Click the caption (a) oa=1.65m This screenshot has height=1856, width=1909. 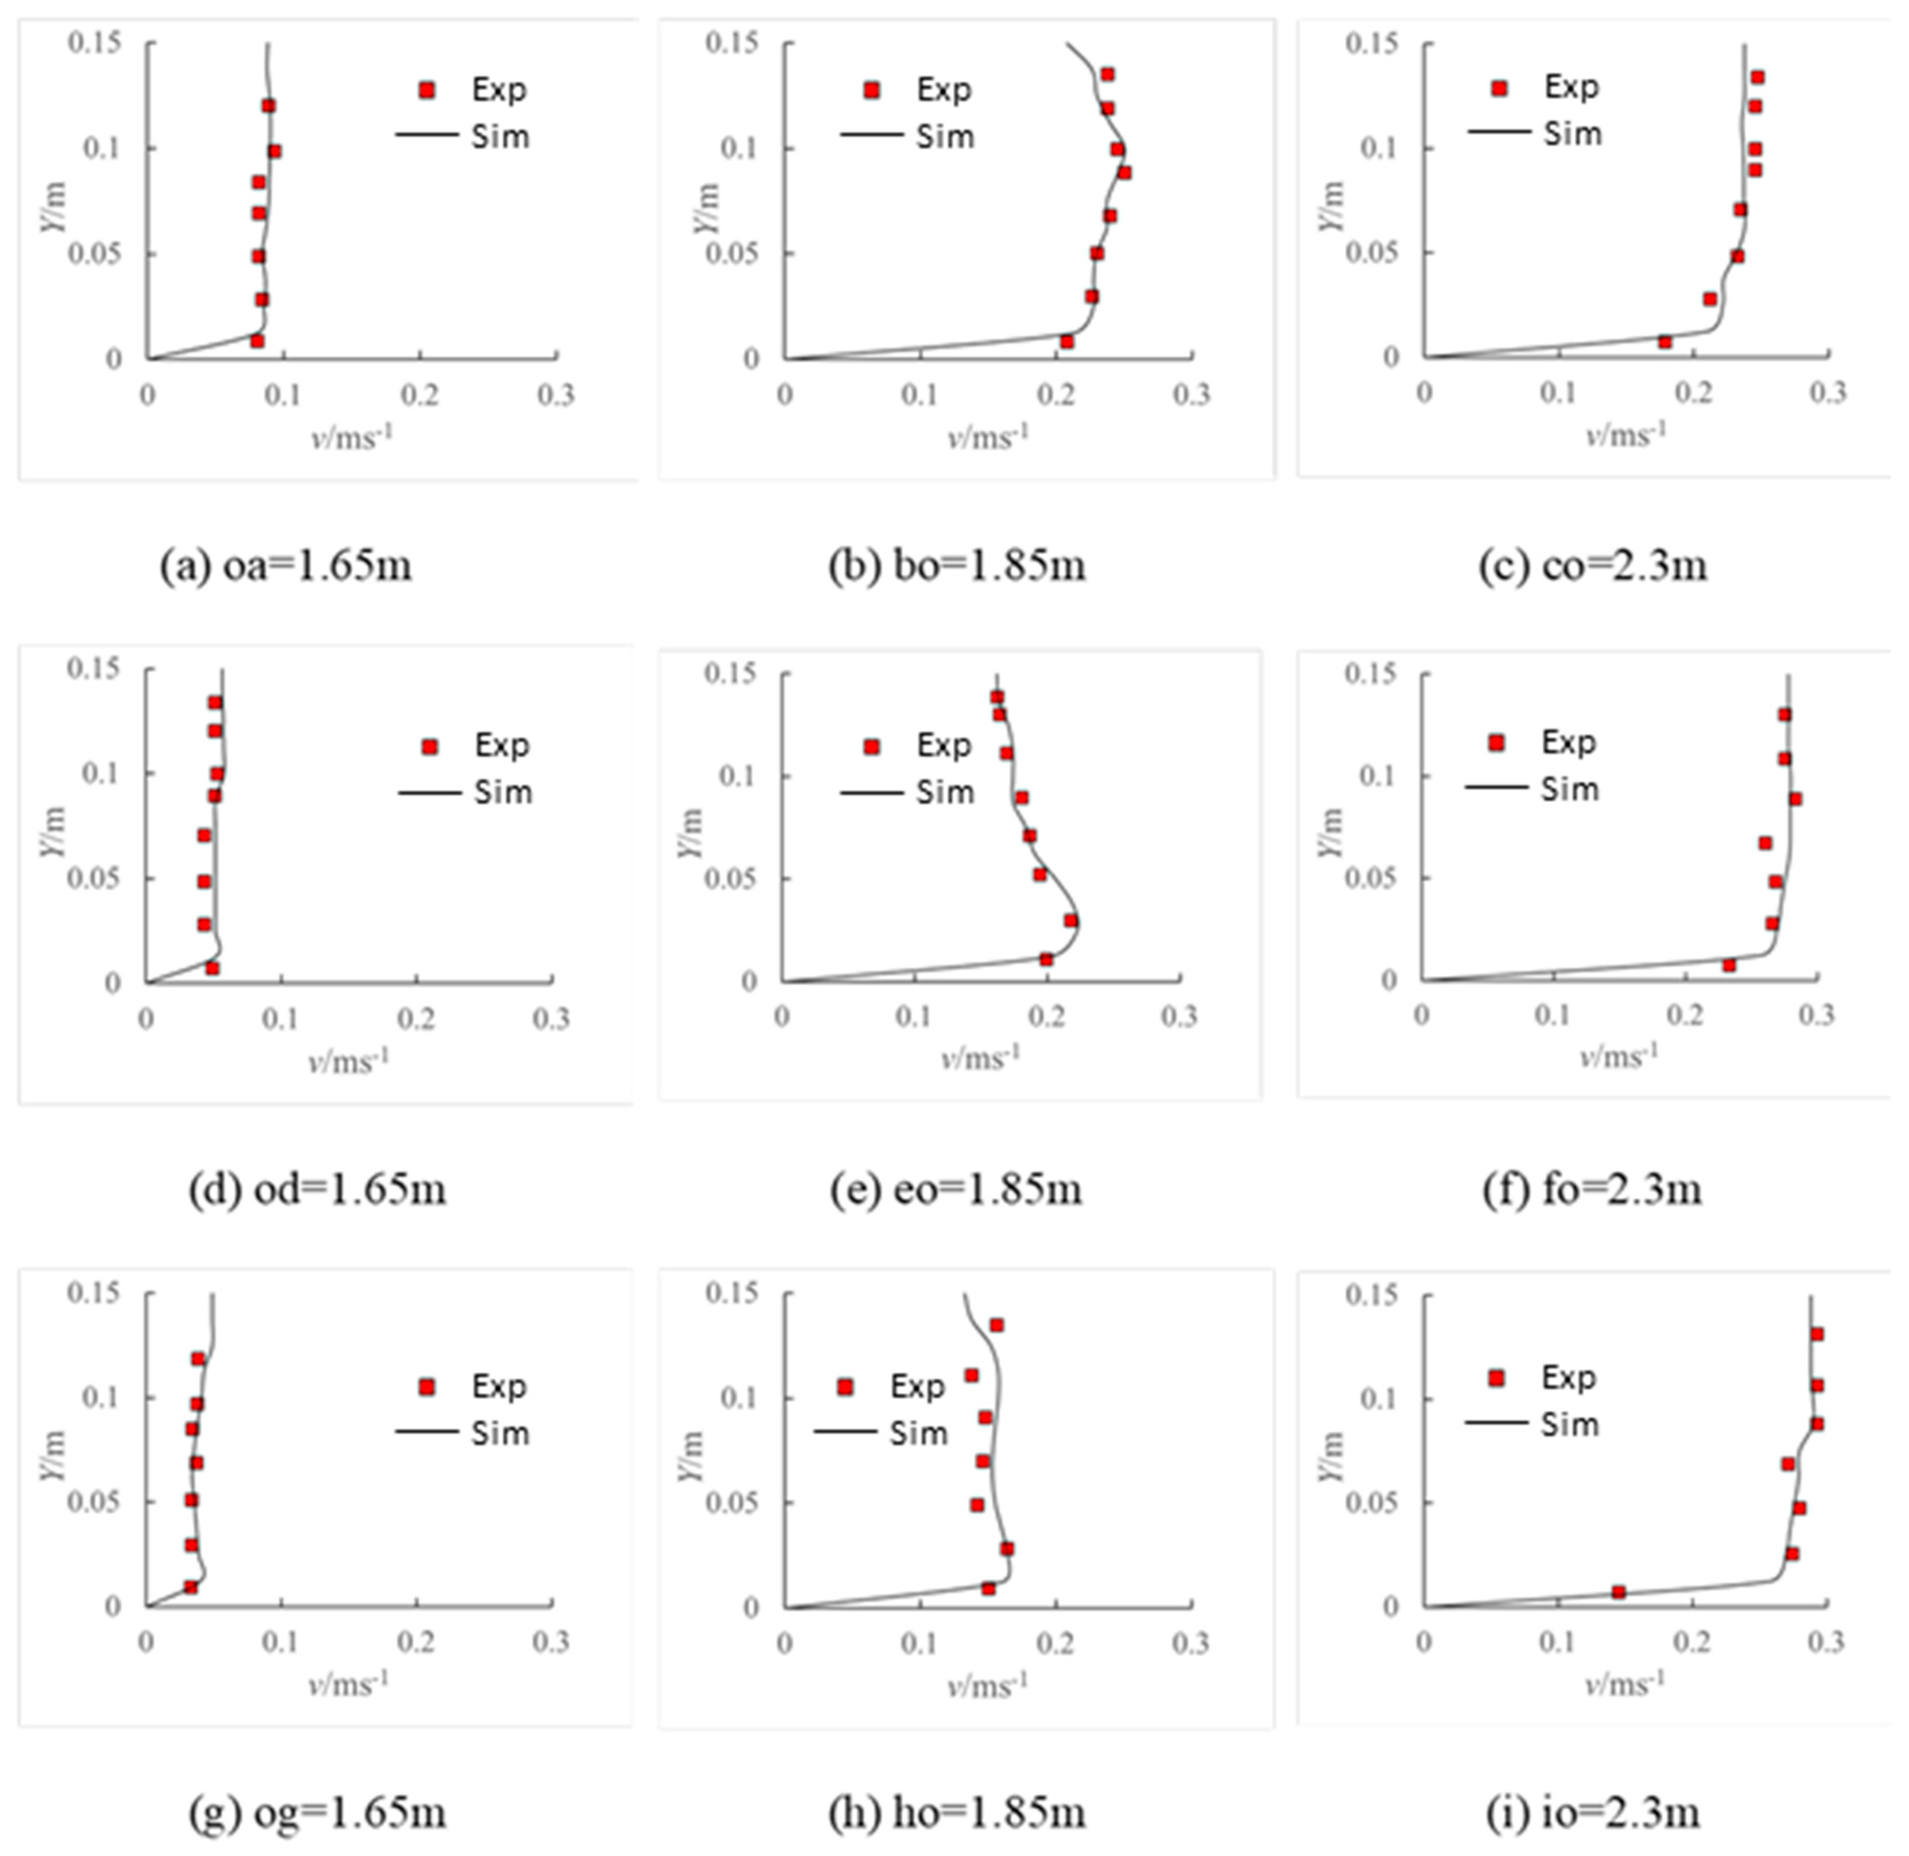[286, 565]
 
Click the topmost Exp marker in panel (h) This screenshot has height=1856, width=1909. [996, 1325]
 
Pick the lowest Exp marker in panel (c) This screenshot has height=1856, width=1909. [1665, 341]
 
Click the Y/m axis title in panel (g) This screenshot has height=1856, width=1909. [54, 1455]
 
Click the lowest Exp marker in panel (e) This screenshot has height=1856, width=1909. [1046, 959]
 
